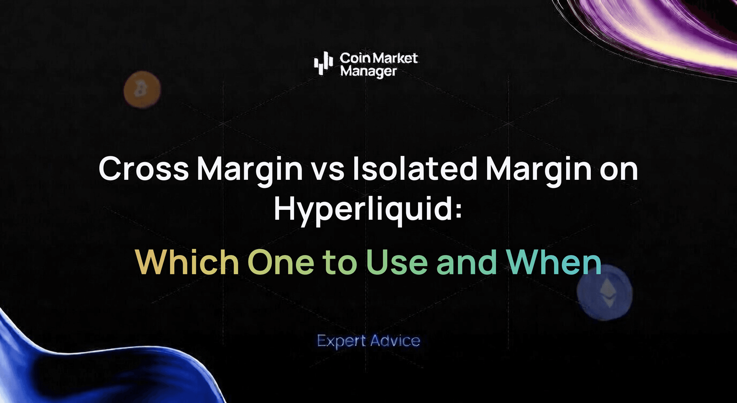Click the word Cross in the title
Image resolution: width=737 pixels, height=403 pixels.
click(x=144, y=169)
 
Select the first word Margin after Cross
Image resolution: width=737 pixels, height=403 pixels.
click(x=250, y=169)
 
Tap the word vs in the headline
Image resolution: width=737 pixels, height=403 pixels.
click(x=327, y=169)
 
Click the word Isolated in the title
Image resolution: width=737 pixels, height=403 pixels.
click(x=415, y=169)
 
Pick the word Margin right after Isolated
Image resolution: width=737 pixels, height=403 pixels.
click(x=539, y=169)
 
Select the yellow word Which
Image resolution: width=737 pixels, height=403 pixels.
click(x=187, y=262)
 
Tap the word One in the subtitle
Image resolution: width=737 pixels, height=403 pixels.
click(x=281, y=262)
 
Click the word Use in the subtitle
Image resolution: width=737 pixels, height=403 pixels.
click(x=397, y=262)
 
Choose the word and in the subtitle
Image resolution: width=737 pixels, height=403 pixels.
click(x=467, y=262)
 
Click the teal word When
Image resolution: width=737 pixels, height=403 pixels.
click(x=554, y=262)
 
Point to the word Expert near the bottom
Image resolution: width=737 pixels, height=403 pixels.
click(x=341, y=341)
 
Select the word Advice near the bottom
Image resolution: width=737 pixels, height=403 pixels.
click(x=395, y=341)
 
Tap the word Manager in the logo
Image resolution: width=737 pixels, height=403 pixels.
click(x=368, y=71)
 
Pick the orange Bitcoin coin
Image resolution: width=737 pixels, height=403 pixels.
click(x=142, y=90)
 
